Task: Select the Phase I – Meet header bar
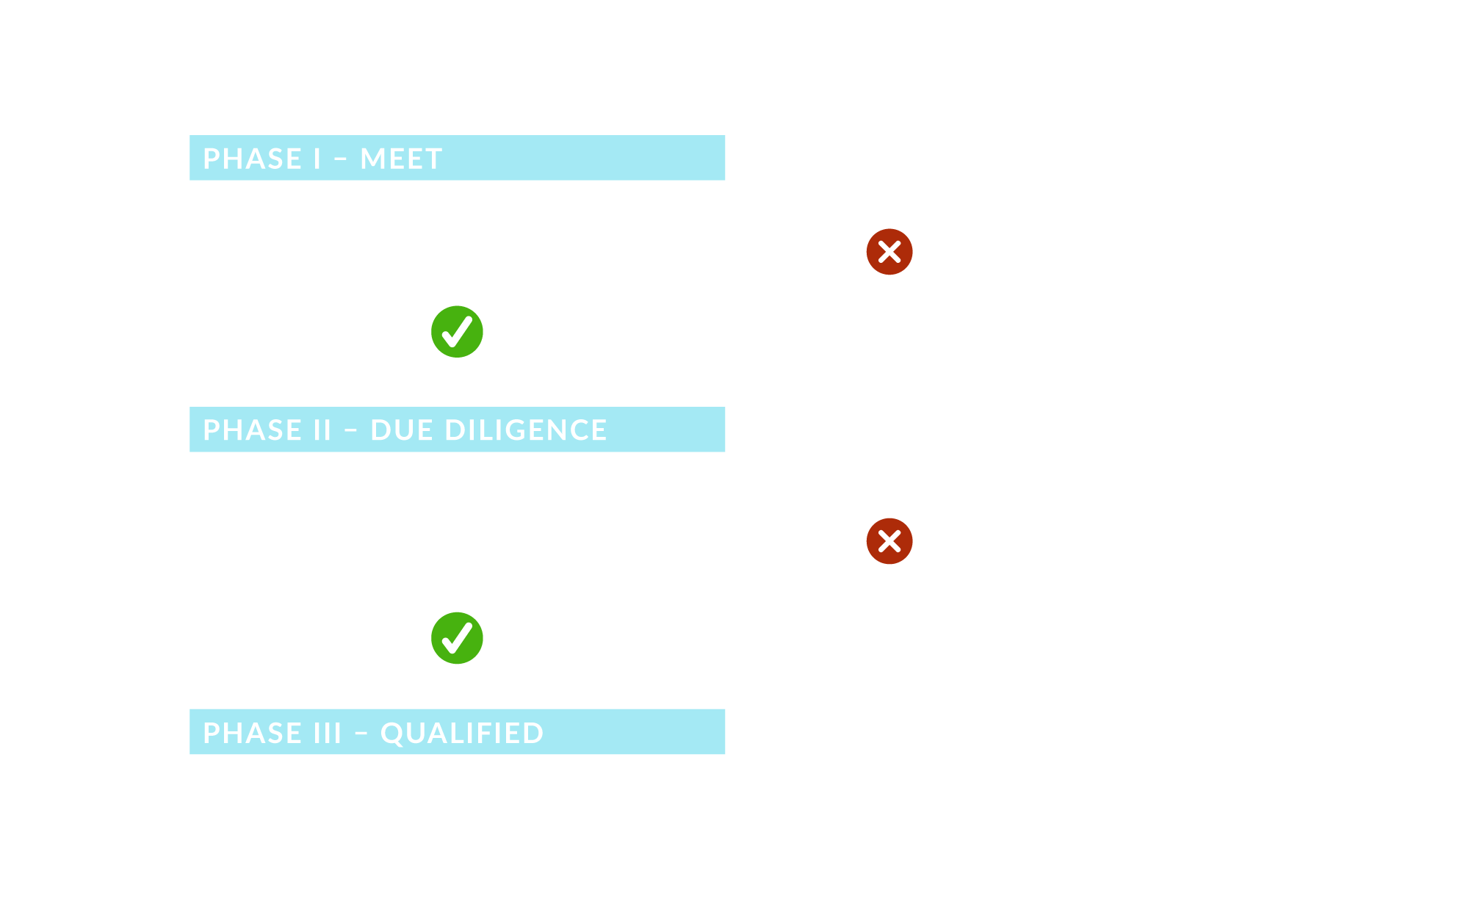pyautogui.click(x=457, y=158)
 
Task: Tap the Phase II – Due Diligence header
pyautogui.click(x=457, y=430)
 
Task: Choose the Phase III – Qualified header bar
pyautogui.click(x=457, y=732)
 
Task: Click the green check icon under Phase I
pyautogui.click(x=457, y=332)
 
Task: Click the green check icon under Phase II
pyautogui.click(x=457, y=638)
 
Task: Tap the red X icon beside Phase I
pyautogui.click(x=889, y=252)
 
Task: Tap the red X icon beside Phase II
pyautogui.click(x=889, y=541)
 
